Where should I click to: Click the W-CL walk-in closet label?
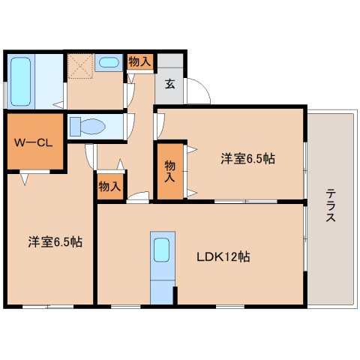(x=33, y=142)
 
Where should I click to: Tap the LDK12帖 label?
(x=223, y=257)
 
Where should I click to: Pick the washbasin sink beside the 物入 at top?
(x=109, y=63)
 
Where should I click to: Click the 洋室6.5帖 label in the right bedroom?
(x=247, y=158)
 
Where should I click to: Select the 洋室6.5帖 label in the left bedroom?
(x=55, y=242)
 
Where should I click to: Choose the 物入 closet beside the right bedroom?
(x=169, y=172)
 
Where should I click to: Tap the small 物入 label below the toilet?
(x=109, y=186)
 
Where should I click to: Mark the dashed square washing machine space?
(x=79, y=66)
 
